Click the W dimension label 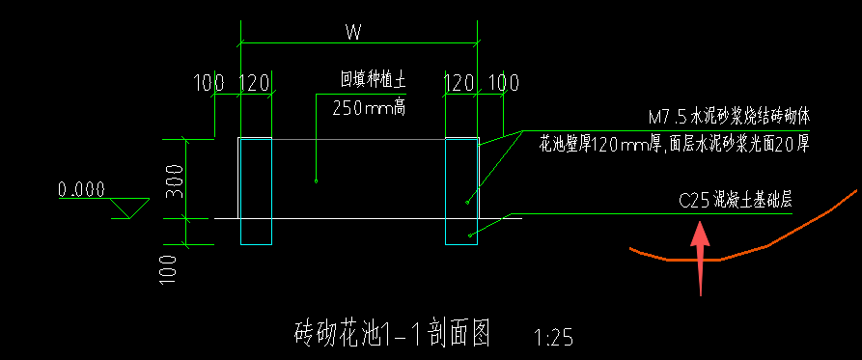point(353,32)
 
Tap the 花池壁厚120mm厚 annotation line point(673,146)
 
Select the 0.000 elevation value point(81,189)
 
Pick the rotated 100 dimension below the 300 point(170,265)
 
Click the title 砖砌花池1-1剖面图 point(391,334)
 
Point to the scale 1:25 point(553,338)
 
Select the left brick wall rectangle point(256,191)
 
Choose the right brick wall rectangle point(461,191)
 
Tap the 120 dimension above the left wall point(254,83)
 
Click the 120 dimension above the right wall point(459,83)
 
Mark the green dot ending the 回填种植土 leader point(317,180)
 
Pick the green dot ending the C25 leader point(470,235)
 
